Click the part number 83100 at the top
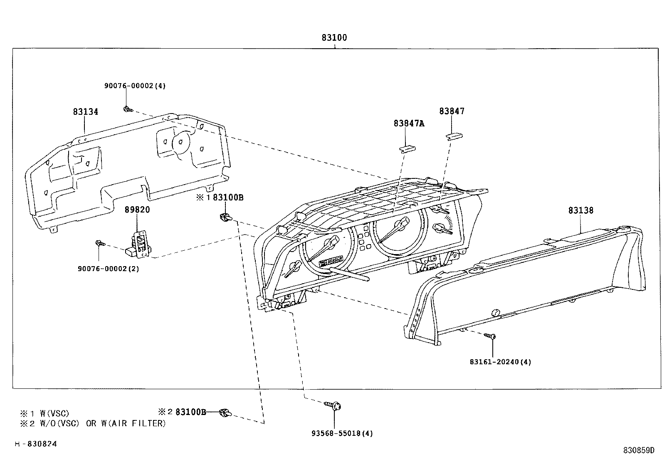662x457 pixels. tap(334, 37)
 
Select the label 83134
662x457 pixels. tap(85, 112)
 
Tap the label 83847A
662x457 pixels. tap(409, 123)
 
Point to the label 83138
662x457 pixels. tap(581, 210)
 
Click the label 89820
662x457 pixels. tap(137, 210)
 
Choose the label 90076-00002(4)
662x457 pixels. tap(135, 86)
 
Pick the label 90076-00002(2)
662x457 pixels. tap(108, 269)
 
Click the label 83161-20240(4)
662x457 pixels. tap(500, 362)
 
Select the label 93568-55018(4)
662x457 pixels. tap(342, 433)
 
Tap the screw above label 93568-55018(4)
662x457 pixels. tap(333, 405)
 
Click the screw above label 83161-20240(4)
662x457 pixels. tap(490, 336)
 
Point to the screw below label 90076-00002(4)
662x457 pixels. tap(128, 110)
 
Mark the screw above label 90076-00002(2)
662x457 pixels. tap(100, 243)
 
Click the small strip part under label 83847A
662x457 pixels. tap(407, 149)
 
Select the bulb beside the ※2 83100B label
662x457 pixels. tap(226, 413)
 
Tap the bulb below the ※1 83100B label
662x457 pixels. tap(226, 217)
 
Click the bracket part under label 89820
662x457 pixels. tap(139, 245)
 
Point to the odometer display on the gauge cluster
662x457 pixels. tap(331, 261)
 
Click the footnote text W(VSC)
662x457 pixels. tap(54, 413)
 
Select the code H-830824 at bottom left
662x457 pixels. tap(36, 444)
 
